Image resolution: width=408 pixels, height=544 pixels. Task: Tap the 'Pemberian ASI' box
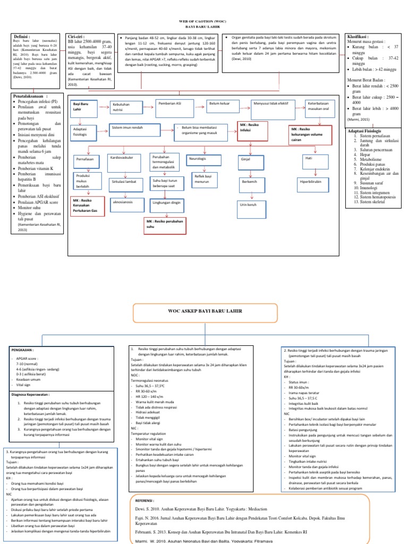(x=173, y=104)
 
